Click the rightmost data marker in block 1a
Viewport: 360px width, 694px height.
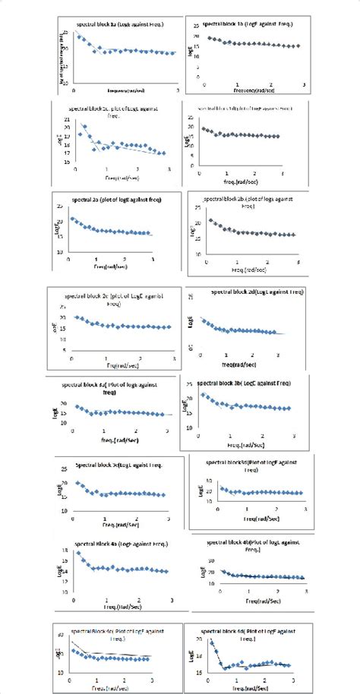pyautogui.click(x=172, y=52)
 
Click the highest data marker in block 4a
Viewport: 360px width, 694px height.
pyautogui.click(x=78, y=553)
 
